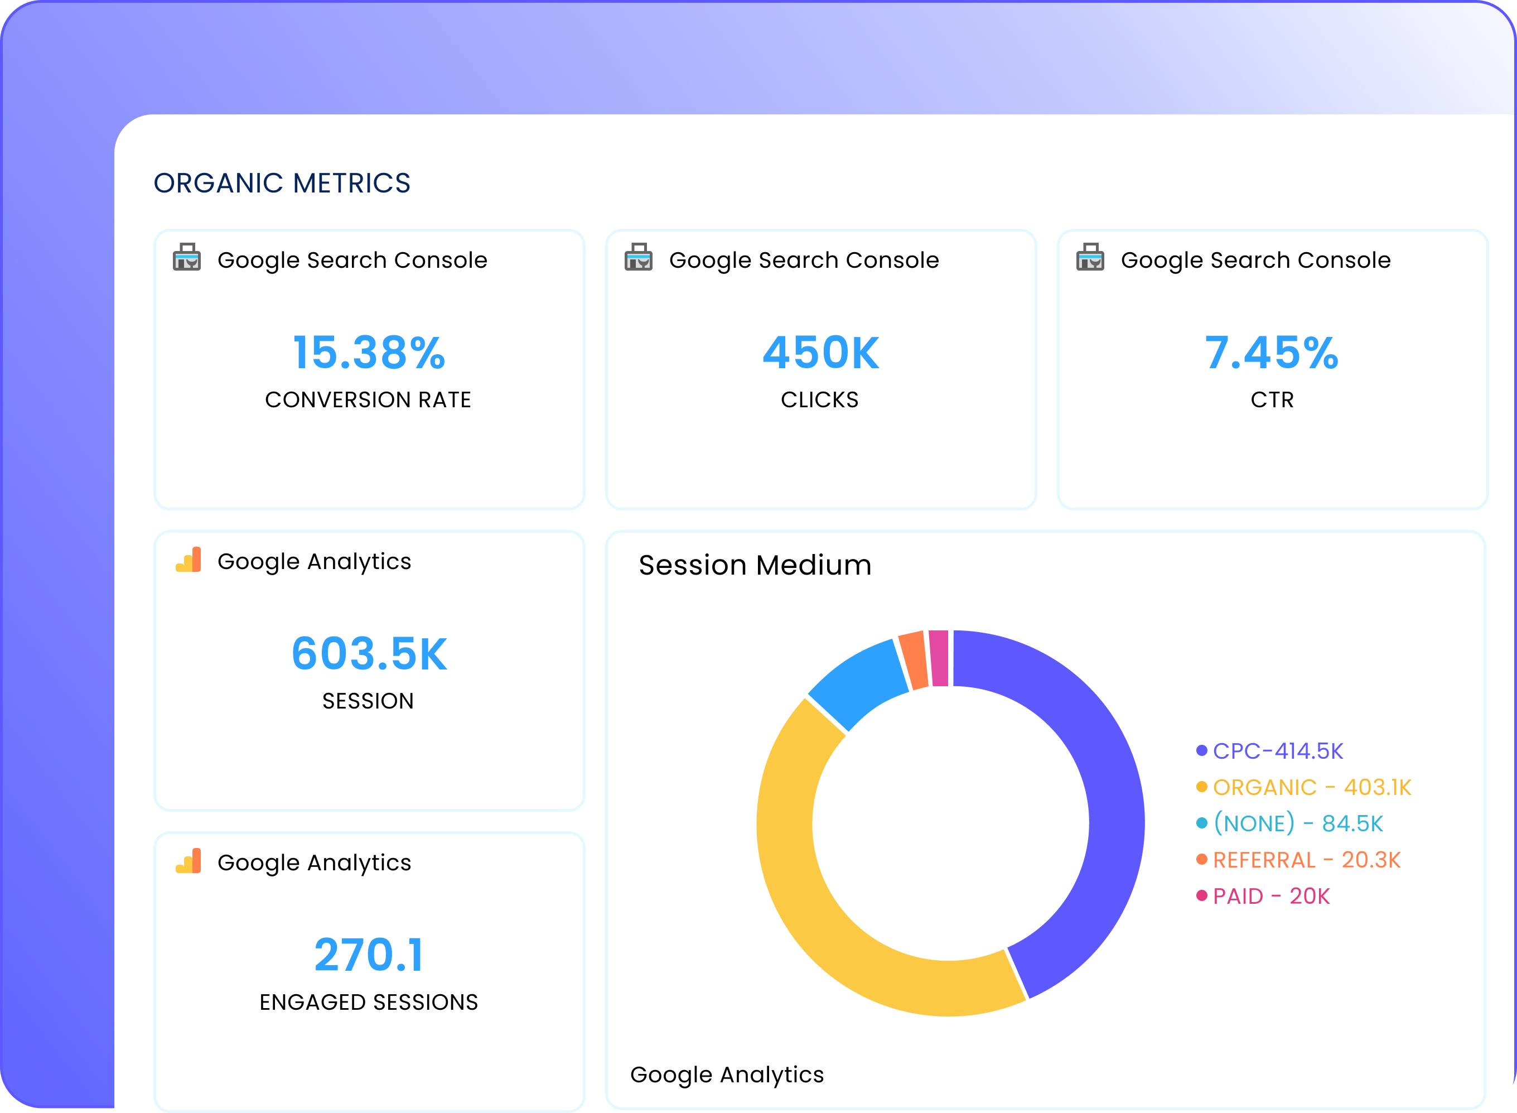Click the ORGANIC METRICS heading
(282, 183)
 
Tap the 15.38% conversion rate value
(369, 353)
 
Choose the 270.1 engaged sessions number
(369, 955)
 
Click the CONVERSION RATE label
(368, 399)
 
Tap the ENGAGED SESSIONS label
(368, 1002)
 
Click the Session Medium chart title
(755, 565)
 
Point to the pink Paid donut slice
(939, 658)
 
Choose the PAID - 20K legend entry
(1270, 896)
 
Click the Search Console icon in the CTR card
(1089, 257)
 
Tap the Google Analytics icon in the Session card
(189, 560)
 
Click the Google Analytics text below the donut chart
(727, 1074)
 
